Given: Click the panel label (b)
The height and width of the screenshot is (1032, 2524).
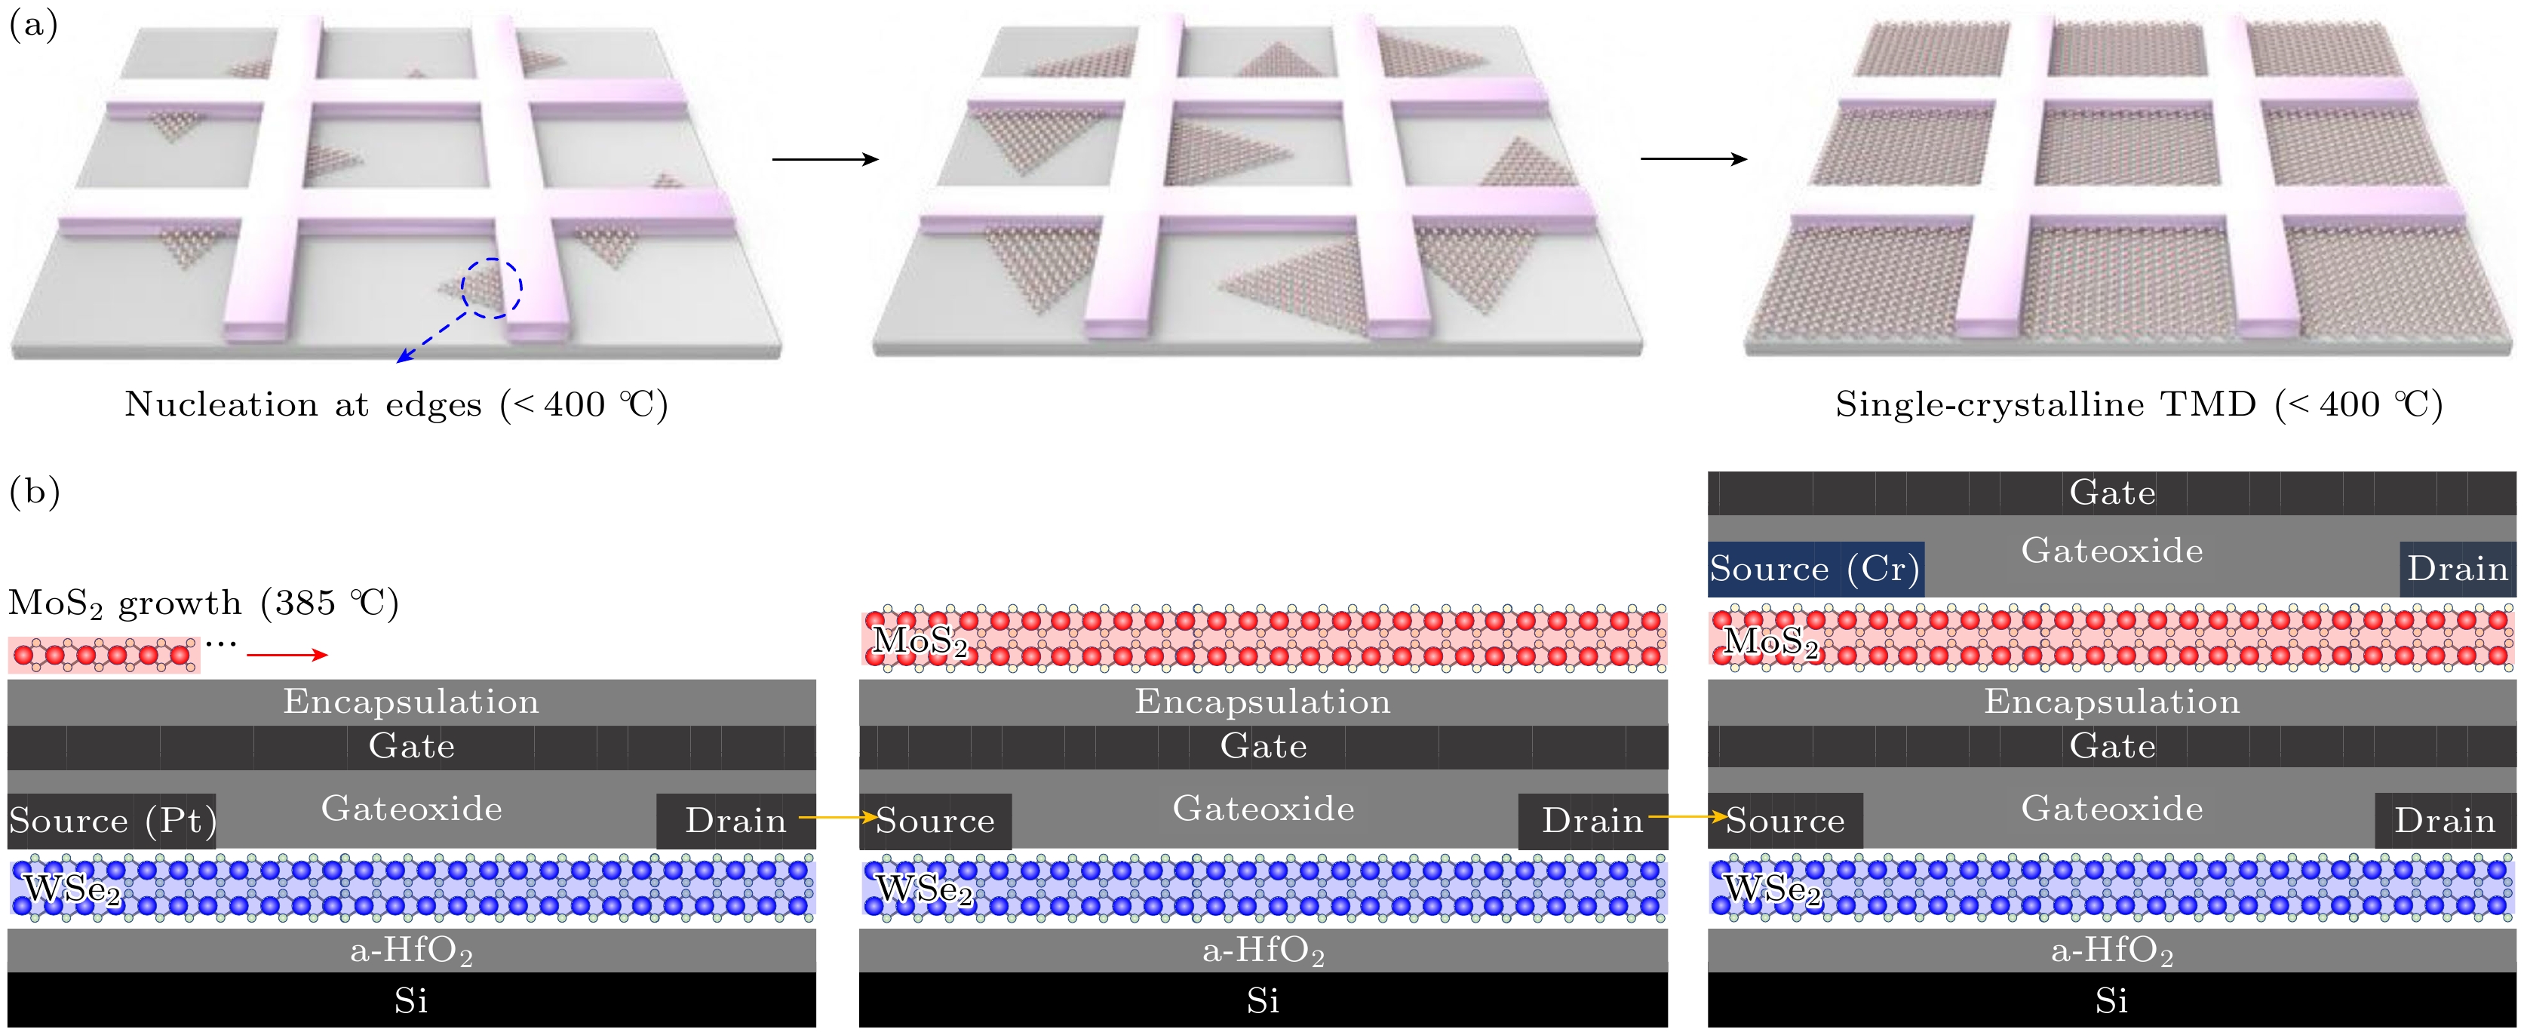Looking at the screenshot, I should [x=34, y=491].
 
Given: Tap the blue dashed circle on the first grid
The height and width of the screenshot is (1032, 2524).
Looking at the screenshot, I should [x=492, y=288].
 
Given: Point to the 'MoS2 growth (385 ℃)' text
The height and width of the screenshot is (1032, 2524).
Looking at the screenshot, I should [x=204, y=603].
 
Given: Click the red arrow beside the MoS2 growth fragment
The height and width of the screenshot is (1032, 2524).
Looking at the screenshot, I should [x=287, y=655].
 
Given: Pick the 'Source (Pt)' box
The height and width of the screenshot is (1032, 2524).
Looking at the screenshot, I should [x=112, y=820].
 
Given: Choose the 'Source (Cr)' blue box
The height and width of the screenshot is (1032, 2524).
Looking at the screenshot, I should [x=1815, y=570].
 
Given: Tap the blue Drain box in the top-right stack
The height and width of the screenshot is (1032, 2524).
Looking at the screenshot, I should [x=2456, y=570].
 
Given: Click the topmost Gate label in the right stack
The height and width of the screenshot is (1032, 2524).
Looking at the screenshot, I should [x=2111, y=493].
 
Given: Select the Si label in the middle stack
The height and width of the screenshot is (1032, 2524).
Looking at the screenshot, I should [x=1262, y=1000].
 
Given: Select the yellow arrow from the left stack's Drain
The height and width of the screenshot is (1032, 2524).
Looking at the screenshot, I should [x=838, y=816].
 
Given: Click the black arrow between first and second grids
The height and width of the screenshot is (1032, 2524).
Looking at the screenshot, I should [x=825, y=158].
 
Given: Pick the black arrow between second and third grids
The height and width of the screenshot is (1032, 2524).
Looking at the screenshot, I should [x=1693, y=158].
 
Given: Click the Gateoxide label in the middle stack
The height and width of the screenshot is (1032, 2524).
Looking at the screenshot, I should [x=1263, y=809].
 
